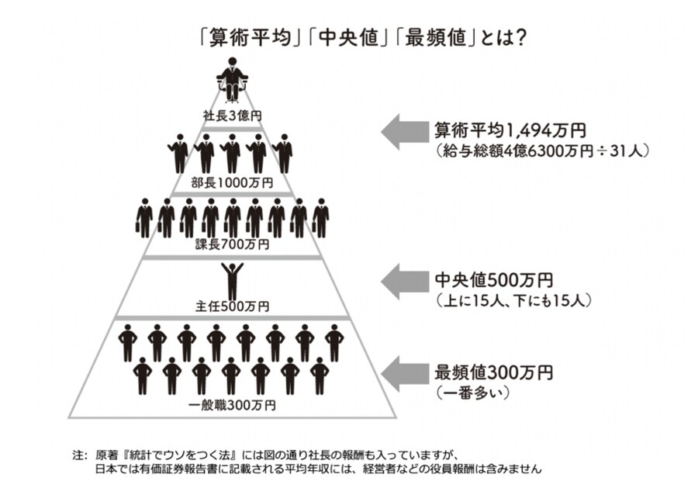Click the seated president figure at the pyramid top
click(x=232, y=80)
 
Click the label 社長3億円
click(x=232, y=116)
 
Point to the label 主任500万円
click(x=232, y=306)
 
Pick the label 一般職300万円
click(x=232, y=404)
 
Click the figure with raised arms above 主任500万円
click(x=232, y=279)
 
